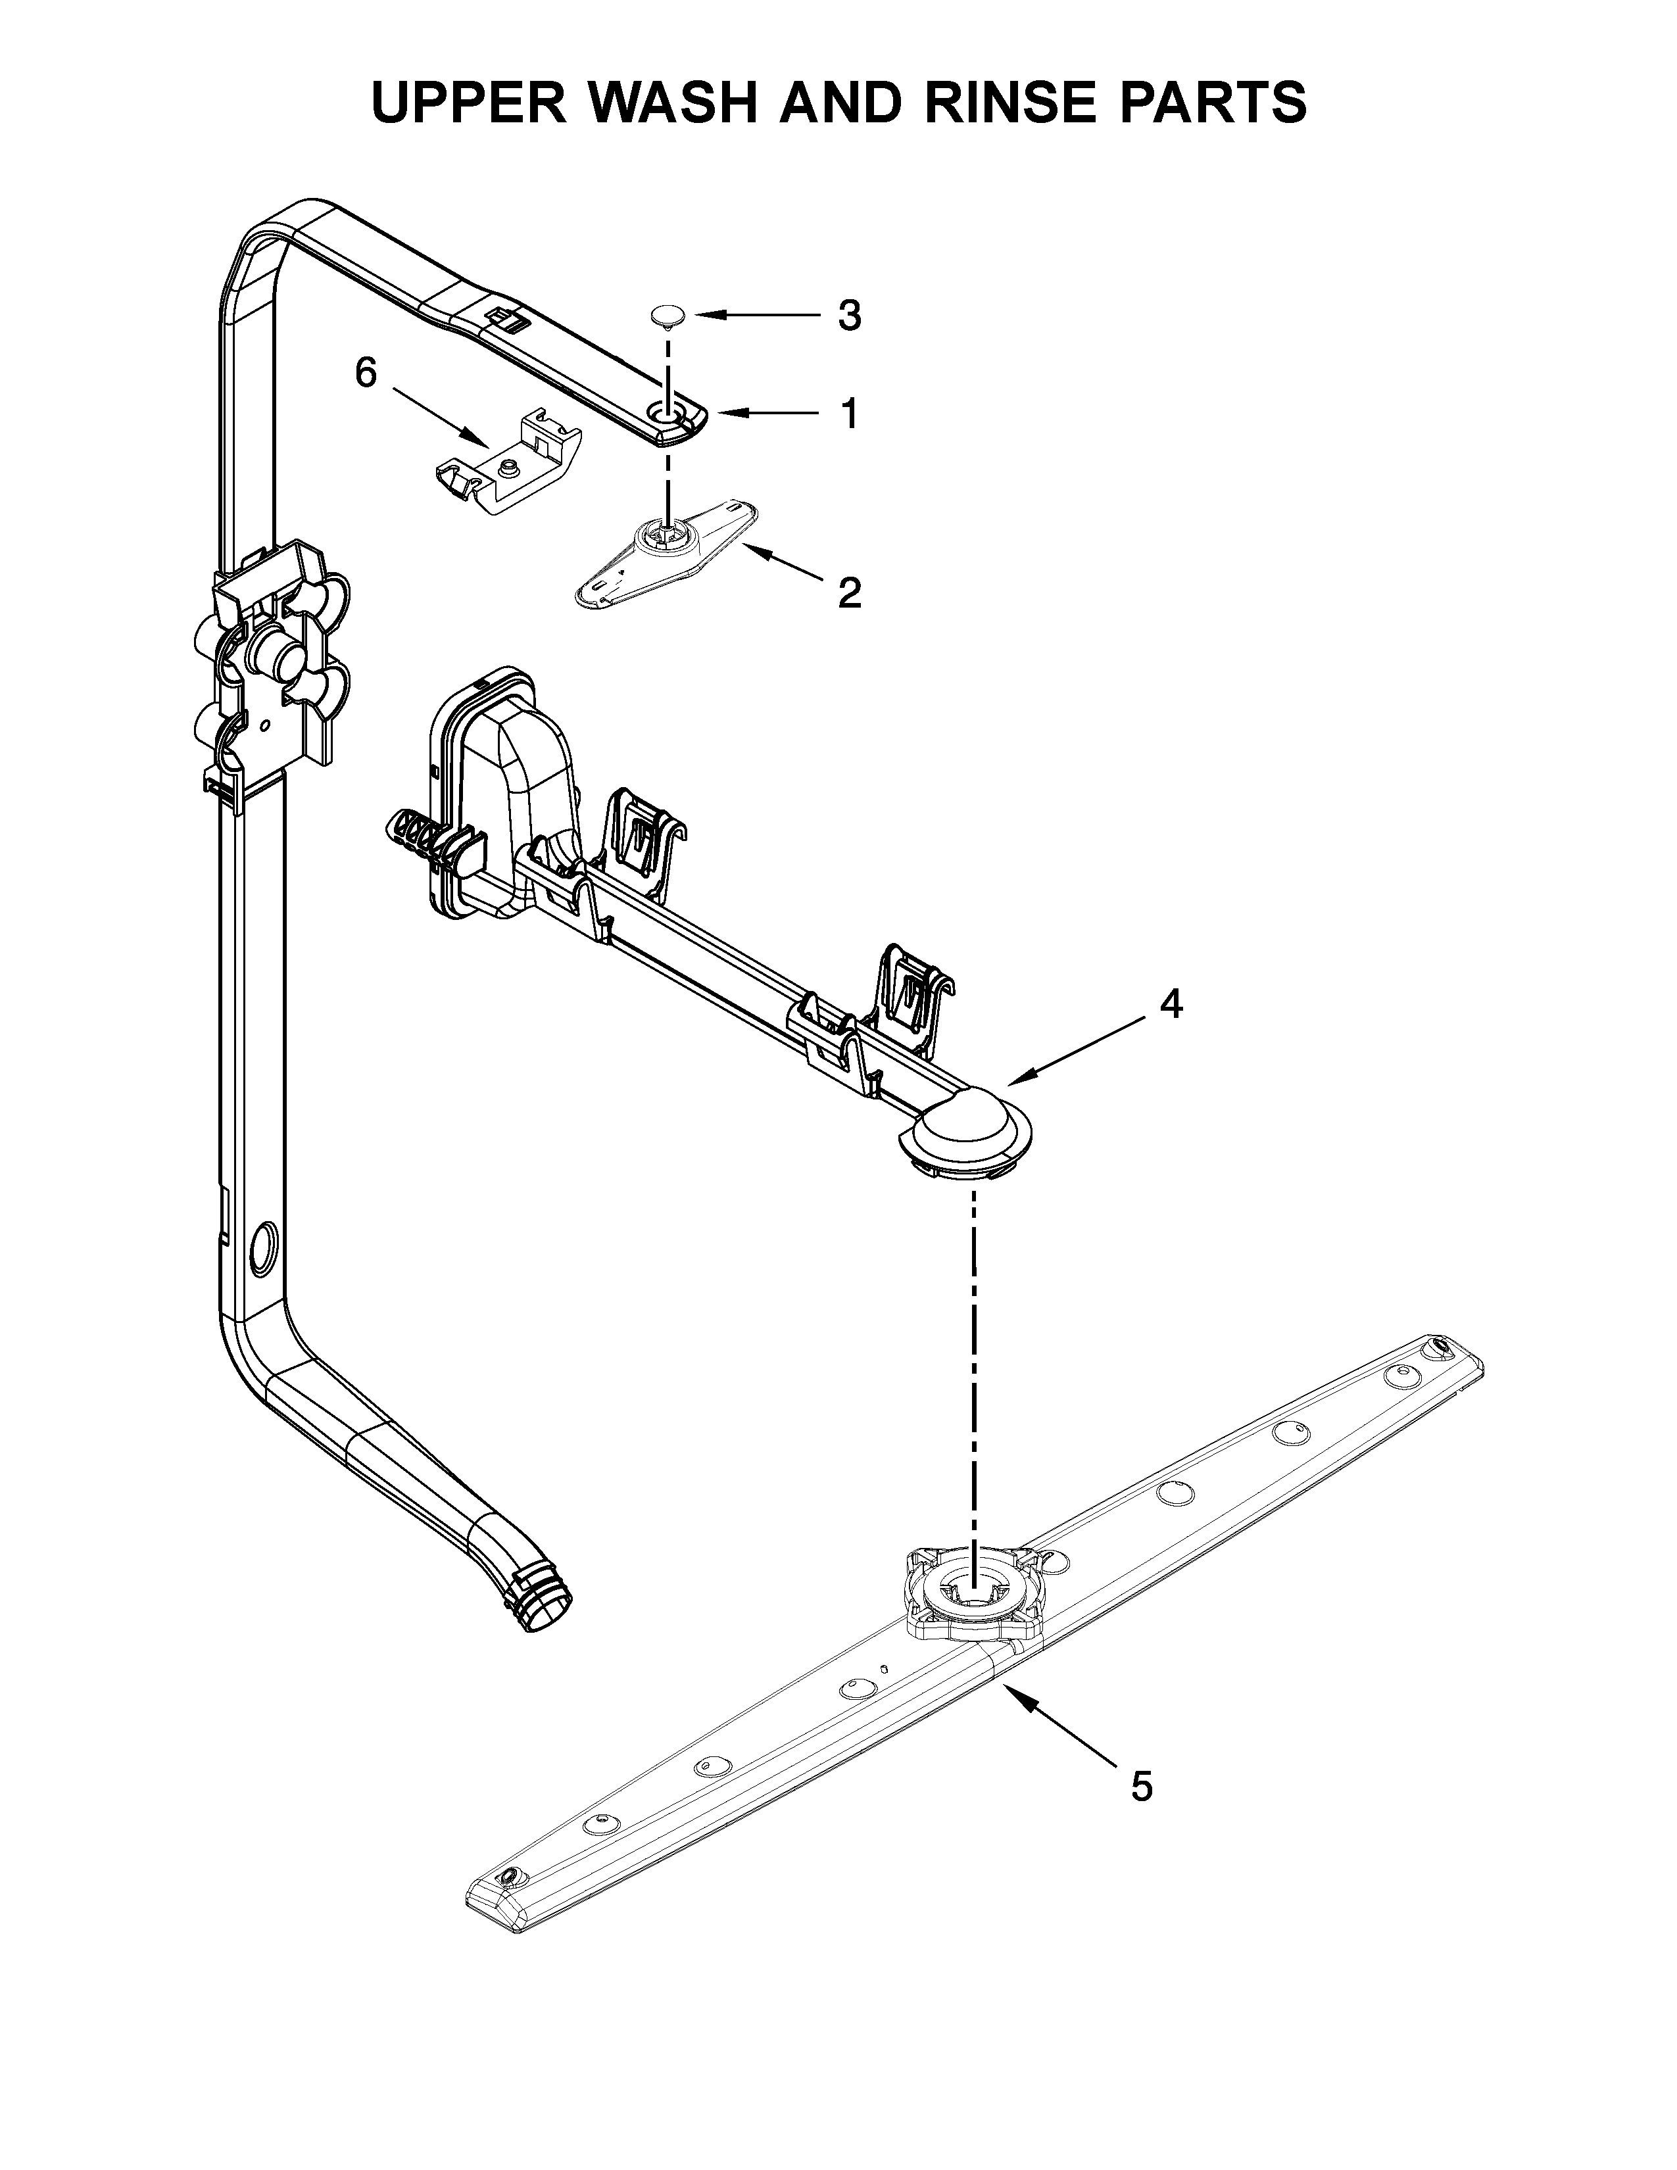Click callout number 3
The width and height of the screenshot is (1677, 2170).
848,316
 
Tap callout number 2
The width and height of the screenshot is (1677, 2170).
848,593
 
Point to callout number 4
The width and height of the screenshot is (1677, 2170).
1171,1005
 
